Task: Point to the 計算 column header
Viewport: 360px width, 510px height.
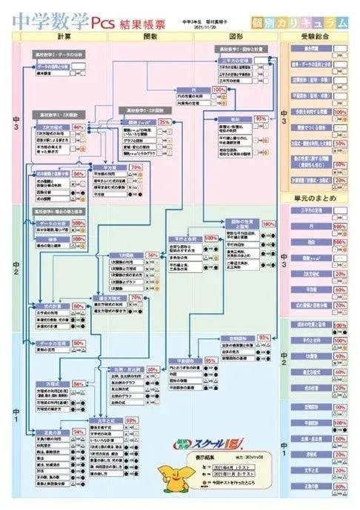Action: click(x=63, y=35)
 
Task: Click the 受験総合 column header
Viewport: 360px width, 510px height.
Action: click(x=318, y=35)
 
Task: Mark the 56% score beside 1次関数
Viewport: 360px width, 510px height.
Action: click(x=152, y=254)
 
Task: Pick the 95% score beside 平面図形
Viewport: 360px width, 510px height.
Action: click(x=210, y=360)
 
